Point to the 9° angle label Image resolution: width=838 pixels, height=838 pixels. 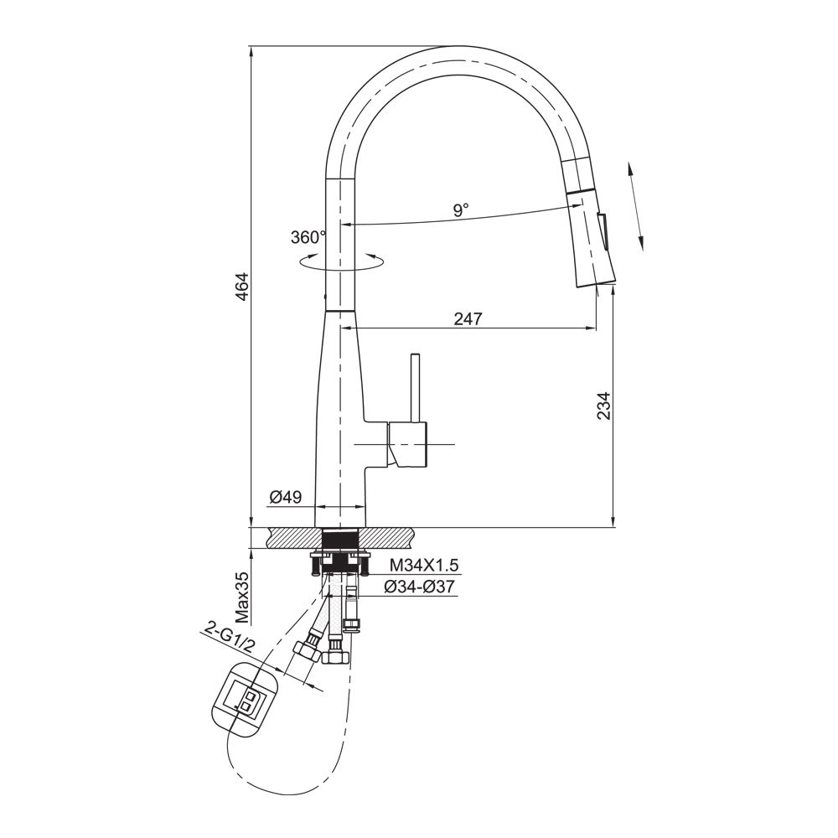(461, 209)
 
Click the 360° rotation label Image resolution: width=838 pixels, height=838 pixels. (308, 237)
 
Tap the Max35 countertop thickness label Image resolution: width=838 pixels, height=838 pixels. (241, 598)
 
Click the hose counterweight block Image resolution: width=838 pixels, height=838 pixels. (246, 699)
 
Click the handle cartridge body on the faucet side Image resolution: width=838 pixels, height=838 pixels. (407, 443)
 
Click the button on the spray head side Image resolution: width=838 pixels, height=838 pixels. (603, 231)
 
